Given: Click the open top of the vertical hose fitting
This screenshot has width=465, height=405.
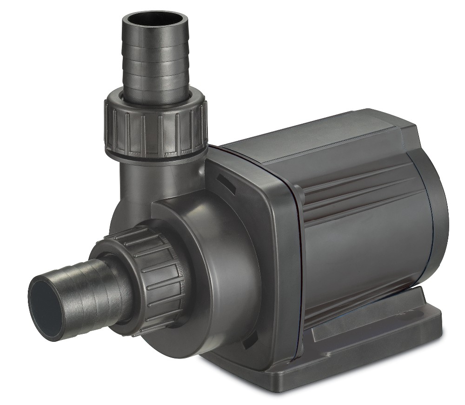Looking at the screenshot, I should [155, 22].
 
